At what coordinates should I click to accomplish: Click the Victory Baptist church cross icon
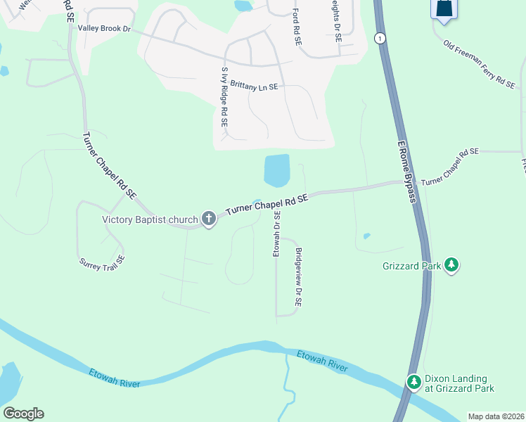[208, 219]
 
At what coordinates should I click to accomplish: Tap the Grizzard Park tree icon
[451, 265]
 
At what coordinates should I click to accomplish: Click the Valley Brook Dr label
[105, 28]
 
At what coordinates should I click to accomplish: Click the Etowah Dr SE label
[277, 235]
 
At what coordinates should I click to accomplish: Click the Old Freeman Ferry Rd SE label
[480, 63]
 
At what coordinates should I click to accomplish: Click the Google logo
[23, 414]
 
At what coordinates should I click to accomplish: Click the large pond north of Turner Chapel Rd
[276, 170]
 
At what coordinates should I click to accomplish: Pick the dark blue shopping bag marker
[444, 9]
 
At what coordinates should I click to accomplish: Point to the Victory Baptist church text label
[150, 219]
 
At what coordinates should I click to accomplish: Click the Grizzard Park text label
[411, 266]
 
